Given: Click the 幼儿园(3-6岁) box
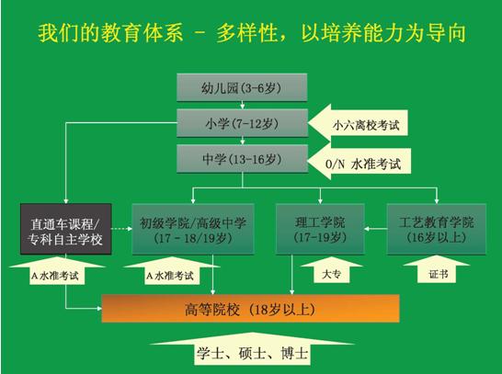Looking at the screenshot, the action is pos(242,87).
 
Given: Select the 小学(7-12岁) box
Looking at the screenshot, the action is pos(242,123).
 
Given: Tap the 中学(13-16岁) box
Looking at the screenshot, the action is pos(242,159).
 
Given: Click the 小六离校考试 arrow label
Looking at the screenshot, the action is pos(358,123).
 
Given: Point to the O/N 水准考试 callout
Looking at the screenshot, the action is pos(359,161).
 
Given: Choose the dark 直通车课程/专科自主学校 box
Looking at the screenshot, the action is pos(66,229).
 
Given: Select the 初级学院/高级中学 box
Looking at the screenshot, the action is pos(193,229).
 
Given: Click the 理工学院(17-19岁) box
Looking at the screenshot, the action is pos(320,229).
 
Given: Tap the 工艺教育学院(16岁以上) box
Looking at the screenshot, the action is pos(437,229).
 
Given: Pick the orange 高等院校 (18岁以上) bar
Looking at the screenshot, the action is pos(250,309).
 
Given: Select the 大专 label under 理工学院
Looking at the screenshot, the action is pos(331,270).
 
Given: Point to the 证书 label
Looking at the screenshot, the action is pos(437,269).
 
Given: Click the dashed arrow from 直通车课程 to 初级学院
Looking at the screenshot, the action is pos(121,229).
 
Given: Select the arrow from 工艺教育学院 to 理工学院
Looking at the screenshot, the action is pos(376,229).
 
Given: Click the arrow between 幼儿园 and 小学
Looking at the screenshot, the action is pos(243,106).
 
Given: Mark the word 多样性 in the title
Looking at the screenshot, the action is pos(246,33).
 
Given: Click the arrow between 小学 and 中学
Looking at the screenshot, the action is pos(243,141).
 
